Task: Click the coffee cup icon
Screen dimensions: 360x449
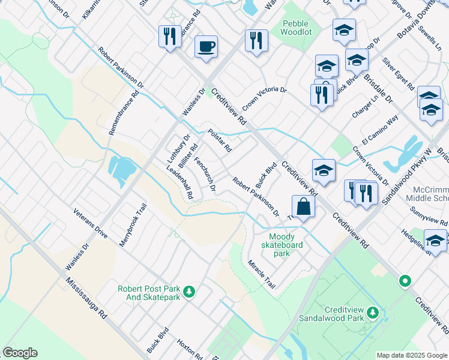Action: pyautogui.click(x=206, y=46)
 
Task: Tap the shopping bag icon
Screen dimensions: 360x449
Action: pyautogui.click(x=304, y=206)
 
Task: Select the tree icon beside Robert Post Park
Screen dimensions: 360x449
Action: pyautogui.click(x=190, y=292)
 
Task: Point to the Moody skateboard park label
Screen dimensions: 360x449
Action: pyautogui.click(x=282, y=245)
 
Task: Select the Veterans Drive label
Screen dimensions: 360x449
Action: pyautogui.click(x=91, y=224)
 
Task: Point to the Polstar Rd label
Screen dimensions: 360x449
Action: pyautogui.click(x=220, y=140)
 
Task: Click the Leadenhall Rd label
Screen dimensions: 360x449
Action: pyautogui.click(x=179, y=182)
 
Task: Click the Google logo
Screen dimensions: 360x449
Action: pyautogui.click(x=20, y=353)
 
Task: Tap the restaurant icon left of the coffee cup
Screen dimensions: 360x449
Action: pyautogui.click(x=169, y=37)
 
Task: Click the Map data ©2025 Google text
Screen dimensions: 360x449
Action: pyautogui.click(x=412, y=355)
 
